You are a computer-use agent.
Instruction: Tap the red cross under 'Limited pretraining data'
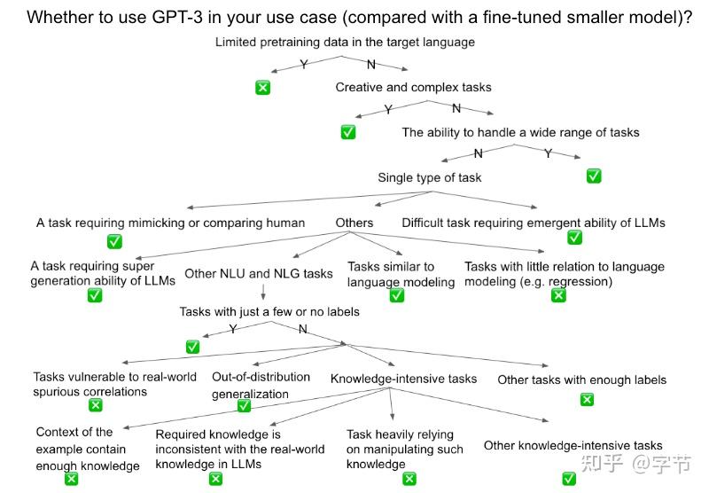pos(262,87)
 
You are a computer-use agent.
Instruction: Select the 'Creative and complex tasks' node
pos(413,87)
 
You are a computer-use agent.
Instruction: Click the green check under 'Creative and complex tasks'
pos(348,131)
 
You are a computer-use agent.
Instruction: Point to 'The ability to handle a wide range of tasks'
pos(520,132)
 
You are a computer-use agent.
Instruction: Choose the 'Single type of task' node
pos(430,177)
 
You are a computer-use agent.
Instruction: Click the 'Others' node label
pos(354,223)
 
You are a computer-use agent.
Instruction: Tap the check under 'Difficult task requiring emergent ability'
pos(574,237)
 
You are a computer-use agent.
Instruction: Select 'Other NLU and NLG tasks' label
pos(259,273)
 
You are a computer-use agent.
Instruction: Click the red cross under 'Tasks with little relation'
pos(558,295)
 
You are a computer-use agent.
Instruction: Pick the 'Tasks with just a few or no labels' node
pos(269,311)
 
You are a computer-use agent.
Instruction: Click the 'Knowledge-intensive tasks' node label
pos(403,379)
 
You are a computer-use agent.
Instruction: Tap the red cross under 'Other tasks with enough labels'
pos(586,399)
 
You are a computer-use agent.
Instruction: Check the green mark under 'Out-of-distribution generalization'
pos(244,406)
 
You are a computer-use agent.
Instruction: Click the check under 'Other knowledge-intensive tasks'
pos(569,479)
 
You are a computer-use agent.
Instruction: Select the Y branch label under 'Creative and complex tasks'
pos(388,109)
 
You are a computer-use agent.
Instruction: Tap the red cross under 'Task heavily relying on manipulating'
pos(409,479)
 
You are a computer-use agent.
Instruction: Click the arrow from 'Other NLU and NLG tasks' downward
pos(263,290)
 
